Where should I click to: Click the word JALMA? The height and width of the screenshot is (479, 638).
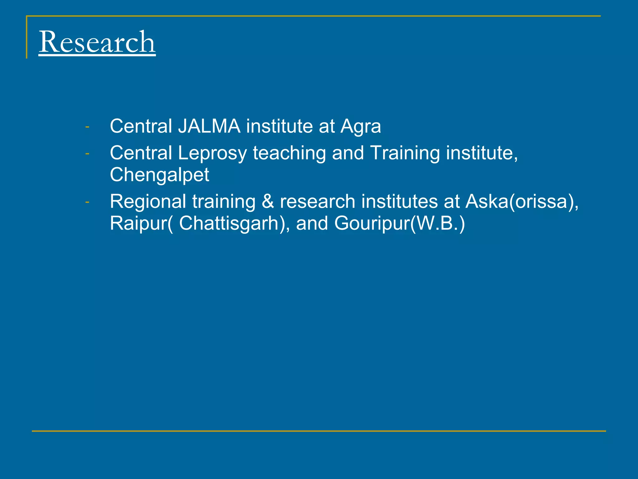[x=209, y=126]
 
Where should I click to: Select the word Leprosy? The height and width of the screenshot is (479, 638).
[x=212, y=154]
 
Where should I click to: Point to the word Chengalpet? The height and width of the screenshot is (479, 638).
[x=159, y=175]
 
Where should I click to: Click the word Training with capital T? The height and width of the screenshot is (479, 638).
[x=405, y=154]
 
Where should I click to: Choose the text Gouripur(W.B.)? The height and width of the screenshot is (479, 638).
[x=400, y=224]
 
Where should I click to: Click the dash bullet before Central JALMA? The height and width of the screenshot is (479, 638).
[x=87, y=127]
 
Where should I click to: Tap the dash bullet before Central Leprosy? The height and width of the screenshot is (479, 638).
[x=87, y=154]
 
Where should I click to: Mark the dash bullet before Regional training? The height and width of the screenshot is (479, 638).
[x=87, y=202]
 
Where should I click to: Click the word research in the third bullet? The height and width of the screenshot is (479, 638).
[x=317, y=202]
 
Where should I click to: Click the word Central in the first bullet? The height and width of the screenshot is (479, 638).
[x=141, y=126]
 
